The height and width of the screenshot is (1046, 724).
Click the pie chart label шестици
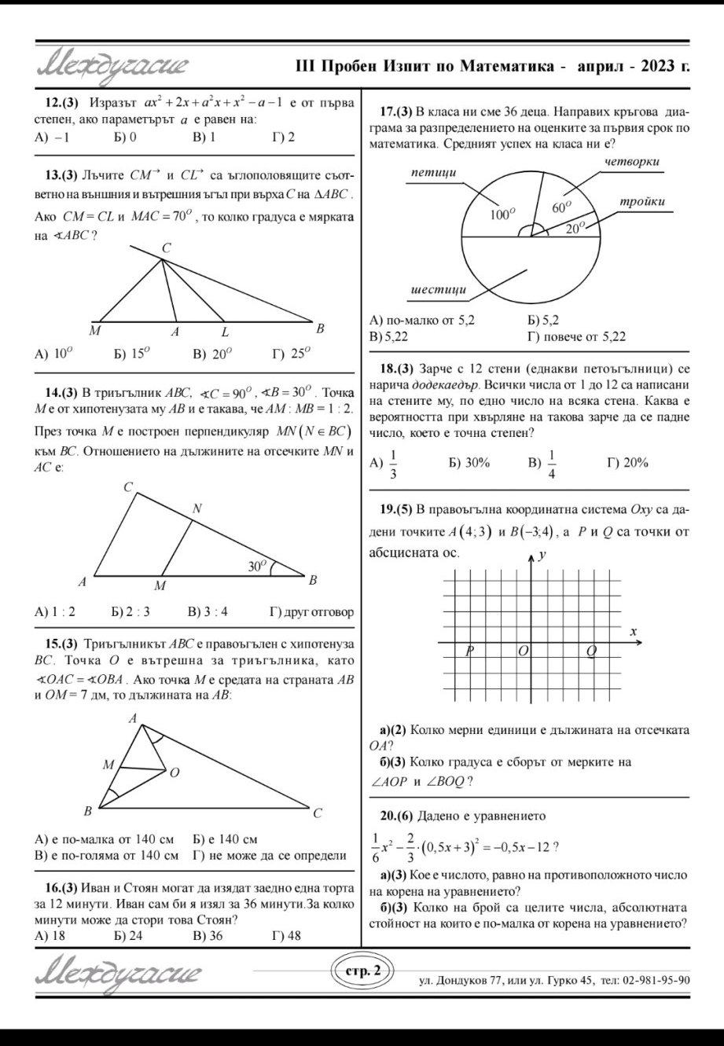coord(439,290)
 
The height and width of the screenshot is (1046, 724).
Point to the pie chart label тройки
coord(642,202)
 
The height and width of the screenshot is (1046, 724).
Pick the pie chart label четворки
coord(632,161)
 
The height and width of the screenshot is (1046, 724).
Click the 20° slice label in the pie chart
coord(575,227)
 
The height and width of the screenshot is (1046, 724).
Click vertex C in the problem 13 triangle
coord(166,248)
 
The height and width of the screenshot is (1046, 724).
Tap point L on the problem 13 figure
coord(225,332)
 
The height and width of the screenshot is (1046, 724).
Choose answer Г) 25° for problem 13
coord(290,354)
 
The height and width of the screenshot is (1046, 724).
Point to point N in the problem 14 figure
coord(197,509)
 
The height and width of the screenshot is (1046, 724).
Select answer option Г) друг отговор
coord(311,611)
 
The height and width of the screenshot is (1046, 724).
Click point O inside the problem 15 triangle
coord(174,773)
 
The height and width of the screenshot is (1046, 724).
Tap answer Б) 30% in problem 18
coord(469,463)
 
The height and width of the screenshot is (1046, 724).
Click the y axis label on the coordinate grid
coord(542,556)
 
